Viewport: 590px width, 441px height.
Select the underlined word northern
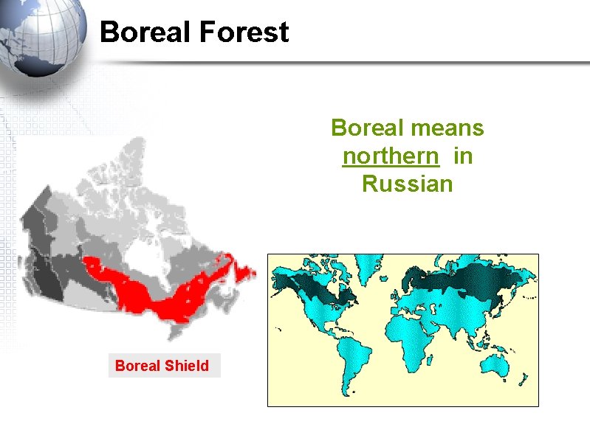(x=390, y=156)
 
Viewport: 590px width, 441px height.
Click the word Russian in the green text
(x=407, y=183)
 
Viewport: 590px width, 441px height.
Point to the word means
(x=449, y=128)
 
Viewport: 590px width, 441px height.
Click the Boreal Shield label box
(x=164, y=366)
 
